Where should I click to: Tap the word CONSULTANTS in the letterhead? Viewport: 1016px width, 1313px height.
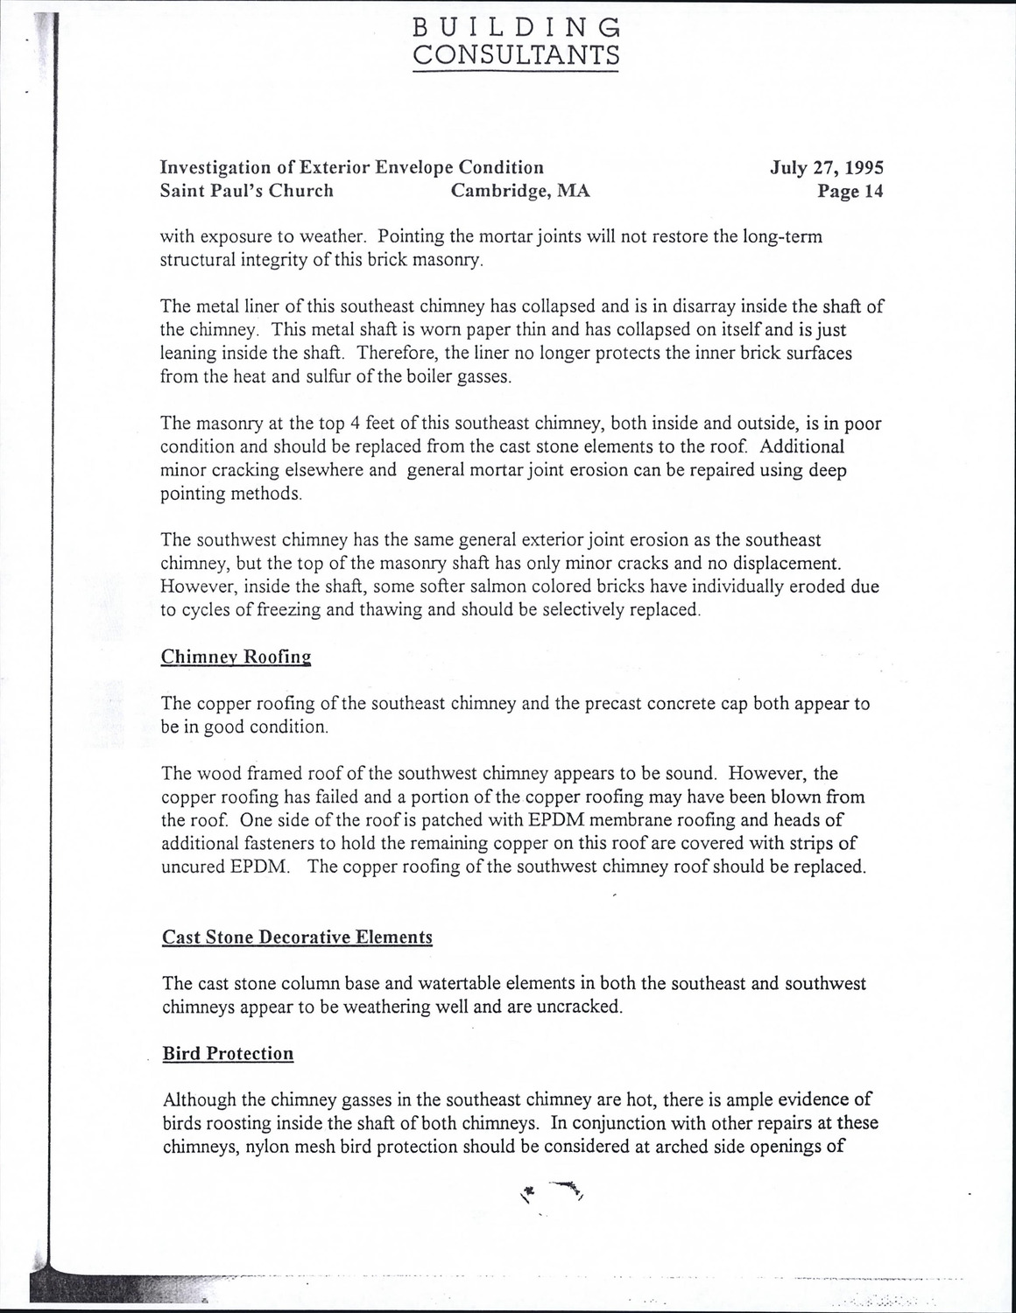click(x=516, y=55)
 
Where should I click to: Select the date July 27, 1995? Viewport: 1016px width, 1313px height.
click(x=827, y=167)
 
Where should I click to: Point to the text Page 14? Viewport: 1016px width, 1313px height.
click(x=850, y=191)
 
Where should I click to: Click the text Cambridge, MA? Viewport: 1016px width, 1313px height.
click(x=520, y=191)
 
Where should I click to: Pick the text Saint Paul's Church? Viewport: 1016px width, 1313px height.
click(x=247, y=191)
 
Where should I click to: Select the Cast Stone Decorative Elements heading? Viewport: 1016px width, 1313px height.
click(x=298, y=937)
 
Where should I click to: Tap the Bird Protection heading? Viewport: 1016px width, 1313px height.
click(x=228, y=1053)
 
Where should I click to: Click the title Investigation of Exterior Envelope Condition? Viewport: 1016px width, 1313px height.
click(x=352, y=167)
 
